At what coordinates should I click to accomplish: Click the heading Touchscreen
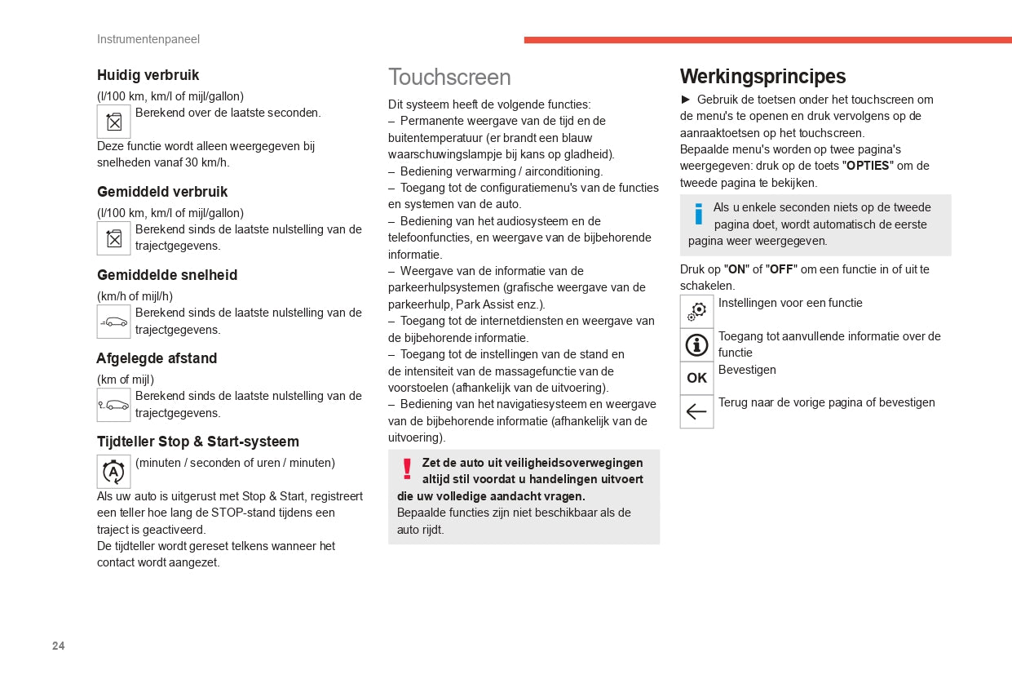(x=449, y=77)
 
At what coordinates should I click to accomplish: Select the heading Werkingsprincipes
(x=762, y=77)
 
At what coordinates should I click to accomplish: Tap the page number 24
(x=59, y=646)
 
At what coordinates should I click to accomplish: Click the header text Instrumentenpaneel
(x=148, y=39)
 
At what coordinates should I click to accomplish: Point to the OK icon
(x=696, y=378)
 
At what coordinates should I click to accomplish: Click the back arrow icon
(x=696, y=411)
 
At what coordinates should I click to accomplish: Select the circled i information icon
(x=696, y=345)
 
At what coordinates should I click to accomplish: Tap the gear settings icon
(x=696, y=312)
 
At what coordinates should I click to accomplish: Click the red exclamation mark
(x=407, y=469)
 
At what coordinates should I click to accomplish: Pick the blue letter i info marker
(x=698, y=214)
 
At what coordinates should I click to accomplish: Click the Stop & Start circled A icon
(x=113, y=472)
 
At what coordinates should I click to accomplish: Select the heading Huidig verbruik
(x=148, y=75)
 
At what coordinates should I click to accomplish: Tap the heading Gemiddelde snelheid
(x=167, y=275)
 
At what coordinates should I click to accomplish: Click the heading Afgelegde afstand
(x=157, y=358)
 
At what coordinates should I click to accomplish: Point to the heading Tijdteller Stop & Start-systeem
(x=198, y=442)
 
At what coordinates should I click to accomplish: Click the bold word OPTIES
(x=867, y=166)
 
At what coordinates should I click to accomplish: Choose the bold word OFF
(x=780, y=269)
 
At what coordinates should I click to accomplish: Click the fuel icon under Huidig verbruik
(x=113, y=122)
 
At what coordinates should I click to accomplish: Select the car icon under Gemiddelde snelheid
(x=113, y=322)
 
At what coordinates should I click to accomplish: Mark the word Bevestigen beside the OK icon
(x=747, y=370)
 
